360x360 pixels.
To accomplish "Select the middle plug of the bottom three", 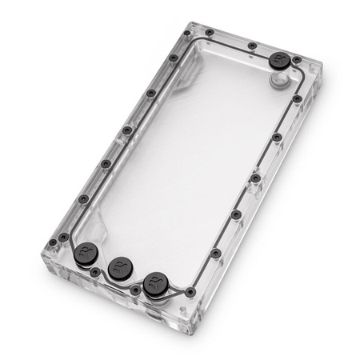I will [x=121, y=266].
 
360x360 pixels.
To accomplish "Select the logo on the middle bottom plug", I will [x=121, y=265].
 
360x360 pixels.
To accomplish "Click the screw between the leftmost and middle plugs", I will [x=96, y=273].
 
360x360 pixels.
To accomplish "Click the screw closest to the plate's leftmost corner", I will [x=53, y=238].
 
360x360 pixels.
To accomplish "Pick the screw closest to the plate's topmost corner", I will [x=185, y=34].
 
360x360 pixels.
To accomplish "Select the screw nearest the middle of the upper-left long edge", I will [x=127, y=130].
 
